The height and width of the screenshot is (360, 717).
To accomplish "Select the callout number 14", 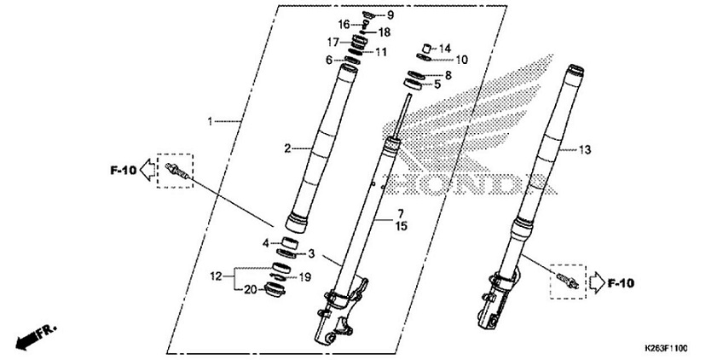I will (444, 48).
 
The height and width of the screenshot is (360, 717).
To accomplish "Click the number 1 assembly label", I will (211, 122).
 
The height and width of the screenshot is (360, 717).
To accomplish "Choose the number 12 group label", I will (217, 276).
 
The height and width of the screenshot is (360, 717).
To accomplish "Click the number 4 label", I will (265, 243).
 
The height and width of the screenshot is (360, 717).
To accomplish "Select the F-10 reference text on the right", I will (623, 281).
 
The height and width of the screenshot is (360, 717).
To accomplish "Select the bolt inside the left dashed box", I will (177, 170).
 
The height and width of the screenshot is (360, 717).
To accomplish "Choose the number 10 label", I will (461, 60).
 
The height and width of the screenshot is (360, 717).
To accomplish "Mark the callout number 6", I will (328, 60).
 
